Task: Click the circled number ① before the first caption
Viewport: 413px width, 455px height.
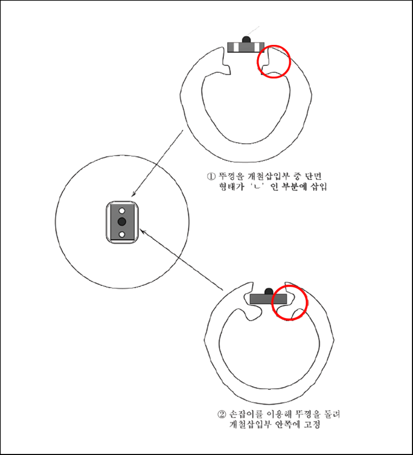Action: tap(211, 176)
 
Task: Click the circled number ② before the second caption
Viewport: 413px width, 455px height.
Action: tap(221, 414)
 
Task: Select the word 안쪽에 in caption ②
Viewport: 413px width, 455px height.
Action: tap(287, 425)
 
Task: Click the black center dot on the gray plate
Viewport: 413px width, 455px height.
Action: tap(122, 222)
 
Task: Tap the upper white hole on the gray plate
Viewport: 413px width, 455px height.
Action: tap(122, 210)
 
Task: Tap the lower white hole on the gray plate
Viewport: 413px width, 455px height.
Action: tap(122, 234)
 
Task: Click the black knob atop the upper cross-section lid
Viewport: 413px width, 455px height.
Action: tap(246, 40)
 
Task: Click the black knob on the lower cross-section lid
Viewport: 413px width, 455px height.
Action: tap(268, 291)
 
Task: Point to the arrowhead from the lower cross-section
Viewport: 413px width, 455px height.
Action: tap(143, 231)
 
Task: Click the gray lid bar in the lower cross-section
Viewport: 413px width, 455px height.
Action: tap(268, 299)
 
